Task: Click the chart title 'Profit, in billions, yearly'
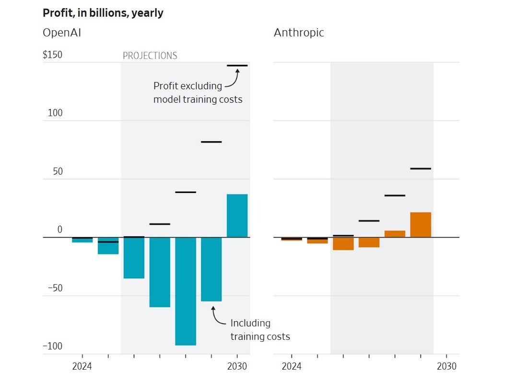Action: click(x=103, y=13)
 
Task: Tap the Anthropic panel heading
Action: click(x=299, y=33)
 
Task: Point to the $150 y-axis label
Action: click(x=53, y=55)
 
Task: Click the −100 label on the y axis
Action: click(x=53, y=346)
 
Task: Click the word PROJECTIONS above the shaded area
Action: click(x=150, y=56)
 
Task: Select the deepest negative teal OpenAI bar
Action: click(x=186, y=291)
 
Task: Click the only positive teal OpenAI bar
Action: click(x=237, y=216)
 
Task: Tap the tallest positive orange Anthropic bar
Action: click(x=421, y=225)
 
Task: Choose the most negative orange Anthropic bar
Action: click(x=343, y=243)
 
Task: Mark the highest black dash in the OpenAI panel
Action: click(x=237, y=65)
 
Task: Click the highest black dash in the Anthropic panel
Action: click(x=421, y=169)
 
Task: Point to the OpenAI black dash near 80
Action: click(x=211, y=142)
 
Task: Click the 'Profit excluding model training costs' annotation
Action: click(x=198, y=93)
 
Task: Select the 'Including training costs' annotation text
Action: click(x=260, y=329)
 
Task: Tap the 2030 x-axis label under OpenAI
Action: click(x=237, y=366)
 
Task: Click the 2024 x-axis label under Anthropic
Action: click(x=292, y=366)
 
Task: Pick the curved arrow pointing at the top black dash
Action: click(x=232, y=79)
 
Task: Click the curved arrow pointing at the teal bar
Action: click(x=217, y=316)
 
